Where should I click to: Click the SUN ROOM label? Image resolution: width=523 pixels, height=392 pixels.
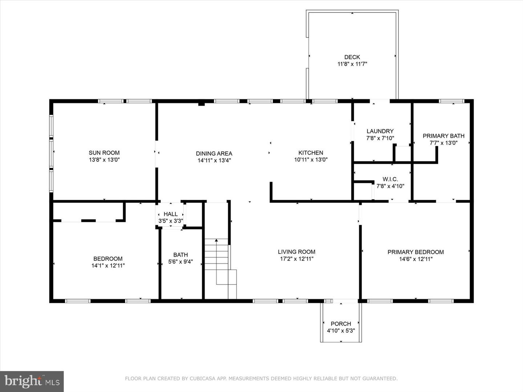tap(104, 153)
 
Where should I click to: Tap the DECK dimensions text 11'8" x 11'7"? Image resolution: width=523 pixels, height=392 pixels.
tap(352, 64)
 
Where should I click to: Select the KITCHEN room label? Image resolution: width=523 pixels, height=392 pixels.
tap(311, 153)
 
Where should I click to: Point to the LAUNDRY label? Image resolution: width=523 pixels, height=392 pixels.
tap(380, 131)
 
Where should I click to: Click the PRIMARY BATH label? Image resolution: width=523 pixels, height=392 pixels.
tap(443, 136)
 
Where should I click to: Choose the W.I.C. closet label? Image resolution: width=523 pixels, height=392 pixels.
tap(390, 179)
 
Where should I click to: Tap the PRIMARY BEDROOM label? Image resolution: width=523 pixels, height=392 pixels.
tap(415, 252)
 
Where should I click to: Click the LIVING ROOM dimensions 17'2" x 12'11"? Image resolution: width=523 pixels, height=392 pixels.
tap(296, 259)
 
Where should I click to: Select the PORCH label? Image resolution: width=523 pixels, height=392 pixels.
tap(341, 324)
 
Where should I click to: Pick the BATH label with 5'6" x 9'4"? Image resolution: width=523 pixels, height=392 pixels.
tap(181, 255)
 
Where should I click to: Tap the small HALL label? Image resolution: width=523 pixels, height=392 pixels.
tap(170, 214)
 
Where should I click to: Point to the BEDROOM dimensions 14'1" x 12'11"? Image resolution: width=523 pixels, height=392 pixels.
tap(108, 266)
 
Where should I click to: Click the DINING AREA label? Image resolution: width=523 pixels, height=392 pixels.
tap(214, 154)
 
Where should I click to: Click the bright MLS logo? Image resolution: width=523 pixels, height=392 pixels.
tap(32, 381)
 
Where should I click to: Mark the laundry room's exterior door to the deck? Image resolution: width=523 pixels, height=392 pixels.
tap(380, 101)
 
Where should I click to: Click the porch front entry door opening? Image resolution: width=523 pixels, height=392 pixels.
tap(345, 301)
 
